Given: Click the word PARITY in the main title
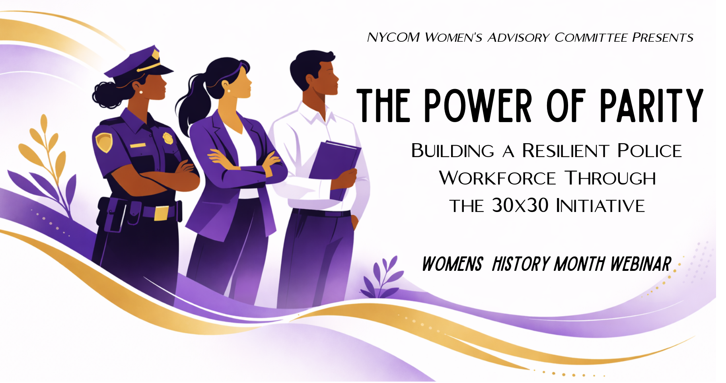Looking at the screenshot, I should [651, 105].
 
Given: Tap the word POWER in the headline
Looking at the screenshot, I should [478, 105].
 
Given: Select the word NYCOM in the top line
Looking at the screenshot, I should [393, 37].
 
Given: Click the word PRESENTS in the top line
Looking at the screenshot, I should [663, 37].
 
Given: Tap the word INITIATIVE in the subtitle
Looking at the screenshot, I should [600, 206].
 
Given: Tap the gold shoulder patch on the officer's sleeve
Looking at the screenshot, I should [103, 142].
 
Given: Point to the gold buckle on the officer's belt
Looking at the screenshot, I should [161, 213].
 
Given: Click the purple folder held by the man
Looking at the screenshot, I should [334, 163].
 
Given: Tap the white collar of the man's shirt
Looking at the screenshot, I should [314, 113].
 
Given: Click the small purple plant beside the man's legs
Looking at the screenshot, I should [380, 278].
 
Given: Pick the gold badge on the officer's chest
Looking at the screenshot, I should [168, 138].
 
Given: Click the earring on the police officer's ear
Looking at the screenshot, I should [141, 92].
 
